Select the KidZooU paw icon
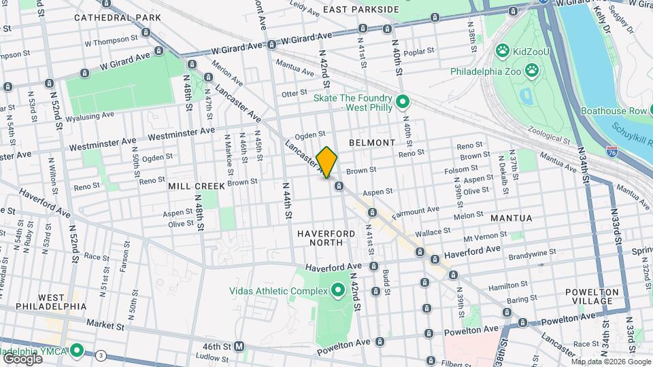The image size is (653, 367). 503,50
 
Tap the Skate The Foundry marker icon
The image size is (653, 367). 402,103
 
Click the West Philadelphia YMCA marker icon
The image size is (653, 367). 78,351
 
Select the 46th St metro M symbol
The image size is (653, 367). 239,347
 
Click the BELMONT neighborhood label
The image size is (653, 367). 372,143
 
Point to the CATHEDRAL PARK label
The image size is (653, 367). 118,17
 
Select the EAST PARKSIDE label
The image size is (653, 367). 361,9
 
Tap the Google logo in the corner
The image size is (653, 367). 22,357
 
